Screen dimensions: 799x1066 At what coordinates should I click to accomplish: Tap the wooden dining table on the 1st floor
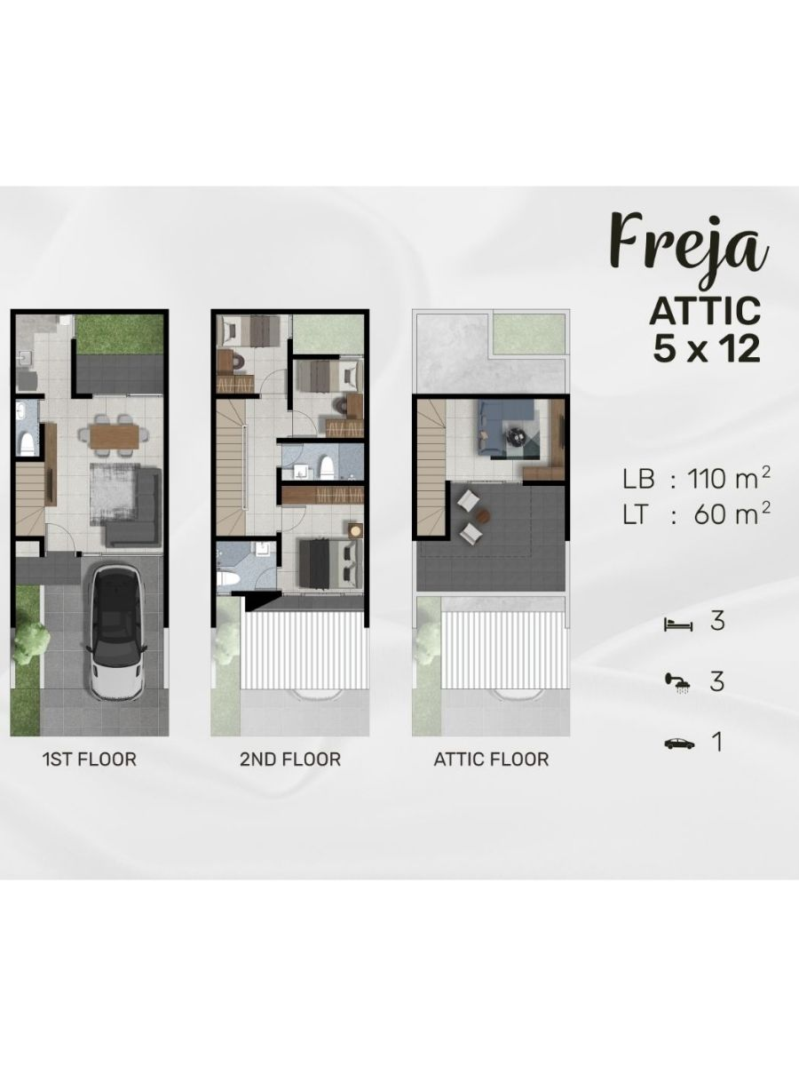coord(115,435)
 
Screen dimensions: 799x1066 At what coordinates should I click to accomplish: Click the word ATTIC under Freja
coord(705,311)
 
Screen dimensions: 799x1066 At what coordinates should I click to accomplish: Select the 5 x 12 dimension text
coord(707,349)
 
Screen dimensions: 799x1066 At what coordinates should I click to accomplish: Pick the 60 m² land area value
coord(732,514)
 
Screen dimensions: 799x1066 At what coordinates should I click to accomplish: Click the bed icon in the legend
coord(678,625)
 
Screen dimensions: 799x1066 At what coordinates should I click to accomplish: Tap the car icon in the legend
coord(678,744)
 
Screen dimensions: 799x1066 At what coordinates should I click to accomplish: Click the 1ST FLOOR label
coord(90,759)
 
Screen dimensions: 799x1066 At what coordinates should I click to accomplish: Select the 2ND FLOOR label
coord(290,759)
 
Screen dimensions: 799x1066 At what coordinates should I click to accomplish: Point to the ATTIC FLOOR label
coord(491,759)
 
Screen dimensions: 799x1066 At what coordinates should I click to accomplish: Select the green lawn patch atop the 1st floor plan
coord(119,335)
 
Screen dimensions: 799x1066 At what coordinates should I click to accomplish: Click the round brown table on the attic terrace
coord(482,514)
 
